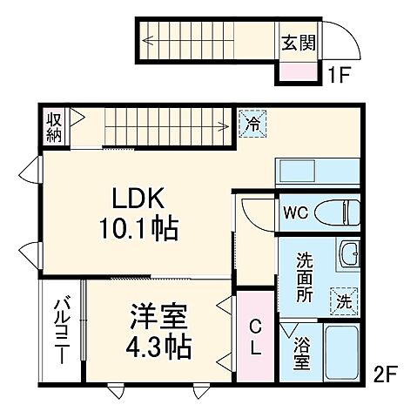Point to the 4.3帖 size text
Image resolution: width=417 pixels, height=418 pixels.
pos(158,347)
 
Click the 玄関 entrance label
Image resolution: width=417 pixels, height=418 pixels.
pos(298,41)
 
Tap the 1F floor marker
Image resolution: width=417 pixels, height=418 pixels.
pos(340,75)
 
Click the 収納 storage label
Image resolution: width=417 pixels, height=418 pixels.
pos(54,126)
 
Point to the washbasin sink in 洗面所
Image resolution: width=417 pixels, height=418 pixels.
pos(348,254)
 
